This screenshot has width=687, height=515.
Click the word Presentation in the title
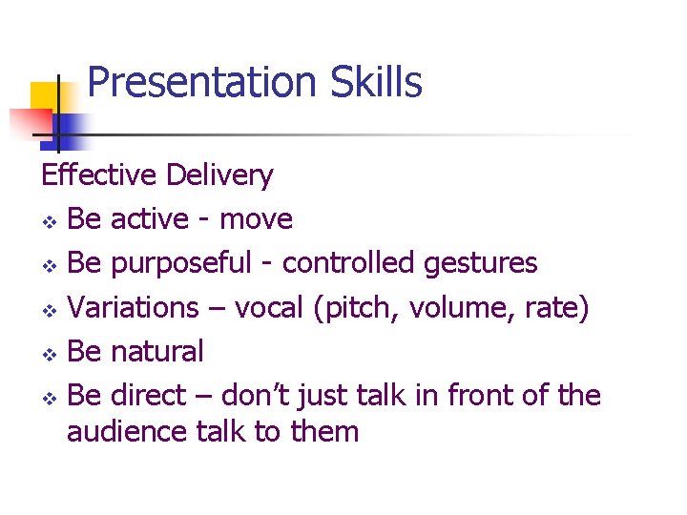pyautogui.click(x=203, y=84)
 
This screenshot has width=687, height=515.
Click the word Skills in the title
pyautogui.click(x=377, y=84)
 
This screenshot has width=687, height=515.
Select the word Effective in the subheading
pyautogui.click(x=98, y=175)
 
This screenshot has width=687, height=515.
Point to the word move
pyautogui.click(x=256, y=219)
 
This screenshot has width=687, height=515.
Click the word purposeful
pyautogui.click(x=181, y=263)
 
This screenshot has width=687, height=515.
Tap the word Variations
pyautogui.click(x=133, y=307)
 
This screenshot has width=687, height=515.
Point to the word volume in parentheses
pyautogui.click(x=462, y=307)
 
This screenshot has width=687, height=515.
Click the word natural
pyautogui.click(x=156, y=351)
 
